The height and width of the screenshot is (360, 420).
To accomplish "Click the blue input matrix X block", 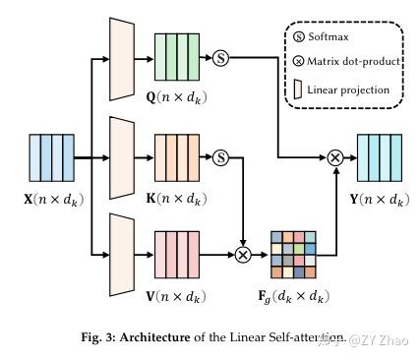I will coord(50,155).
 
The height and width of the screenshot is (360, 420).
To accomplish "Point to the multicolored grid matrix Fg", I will coord(293,253).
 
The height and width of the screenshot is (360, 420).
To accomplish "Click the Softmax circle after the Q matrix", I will coord(220,58).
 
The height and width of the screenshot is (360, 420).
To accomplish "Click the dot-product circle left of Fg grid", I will coord(243,253).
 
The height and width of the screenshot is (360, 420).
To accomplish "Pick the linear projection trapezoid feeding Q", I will coord(122,58).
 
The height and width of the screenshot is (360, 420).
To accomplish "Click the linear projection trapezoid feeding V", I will coord(122,253).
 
